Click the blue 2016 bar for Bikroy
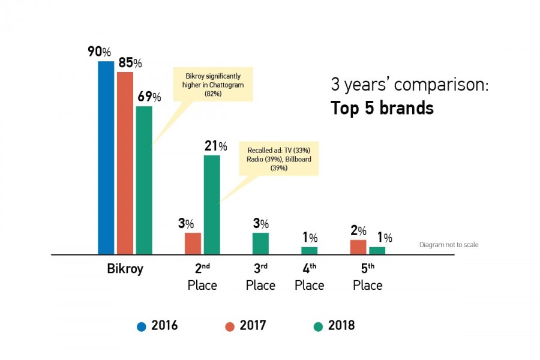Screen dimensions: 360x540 click(106, 158)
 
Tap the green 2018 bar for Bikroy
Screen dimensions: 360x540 click(144, 180)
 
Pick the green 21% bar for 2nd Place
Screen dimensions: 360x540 click(212, 205)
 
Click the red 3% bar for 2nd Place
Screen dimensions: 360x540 click(193, 243)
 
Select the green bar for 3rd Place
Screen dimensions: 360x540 click(260, 243)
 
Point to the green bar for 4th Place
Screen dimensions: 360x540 click(309, 250)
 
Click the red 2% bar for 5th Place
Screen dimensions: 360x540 click(358, 247)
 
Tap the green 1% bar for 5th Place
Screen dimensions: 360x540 click(377, 250)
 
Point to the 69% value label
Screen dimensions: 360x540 click(148, 97)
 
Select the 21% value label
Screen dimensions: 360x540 click(215, 146)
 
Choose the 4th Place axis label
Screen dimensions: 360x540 click(309, 277)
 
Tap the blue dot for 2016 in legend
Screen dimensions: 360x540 click(142, 326)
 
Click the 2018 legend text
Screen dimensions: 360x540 click(341, 326)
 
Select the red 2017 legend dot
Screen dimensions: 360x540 click(230, 326)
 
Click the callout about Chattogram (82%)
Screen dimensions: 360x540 click(212, 83)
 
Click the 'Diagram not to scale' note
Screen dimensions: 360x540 click(448, 245)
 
